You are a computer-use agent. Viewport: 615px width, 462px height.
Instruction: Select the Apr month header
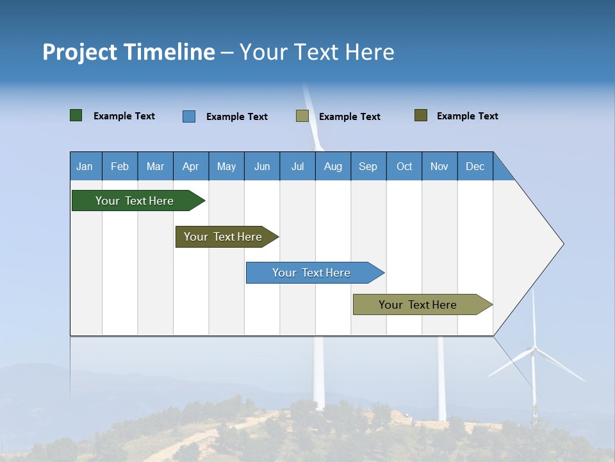[x=191, y=166]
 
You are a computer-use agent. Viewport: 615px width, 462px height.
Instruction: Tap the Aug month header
[x=333, y=166]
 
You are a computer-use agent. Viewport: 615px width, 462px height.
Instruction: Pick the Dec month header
[x=475, y=166]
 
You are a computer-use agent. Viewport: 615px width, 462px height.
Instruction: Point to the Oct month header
[x=404, y=166]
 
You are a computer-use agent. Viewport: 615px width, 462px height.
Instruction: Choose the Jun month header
[x=262, y=166]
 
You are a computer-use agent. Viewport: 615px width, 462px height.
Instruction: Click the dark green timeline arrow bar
[x=135, y=201]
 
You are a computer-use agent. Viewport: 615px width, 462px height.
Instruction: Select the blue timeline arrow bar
[x=312, y=273]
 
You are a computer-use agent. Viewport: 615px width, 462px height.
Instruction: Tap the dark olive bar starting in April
[x=223, y=237]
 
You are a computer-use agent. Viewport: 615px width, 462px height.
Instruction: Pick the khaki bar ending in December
[x=418, y=305]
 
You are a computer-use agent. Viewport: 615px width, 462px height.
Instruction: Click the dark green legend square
[x=76, y=116]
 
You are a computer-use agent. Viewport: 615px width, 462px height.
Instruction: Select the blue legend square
[x=189, y=116]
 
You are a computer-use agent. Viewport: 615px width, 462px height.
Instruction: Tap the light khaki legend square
[x=302, y=116]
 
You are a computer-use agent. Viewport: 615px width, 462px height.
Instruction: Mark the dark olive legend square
[x=421, y=116]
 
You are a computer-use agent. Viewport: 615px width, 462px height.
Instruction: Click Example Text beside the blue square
[x=237, y=117]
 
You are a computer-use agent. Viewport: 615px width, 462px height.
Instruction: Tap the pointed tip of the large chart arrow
[x=562, y=244]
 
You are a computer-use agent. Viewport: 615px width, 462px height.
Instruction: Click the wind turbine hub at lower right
[x=533, y=350]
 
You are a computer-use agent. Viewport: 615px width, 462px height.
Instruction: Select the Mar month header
[x=156, y=166]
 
